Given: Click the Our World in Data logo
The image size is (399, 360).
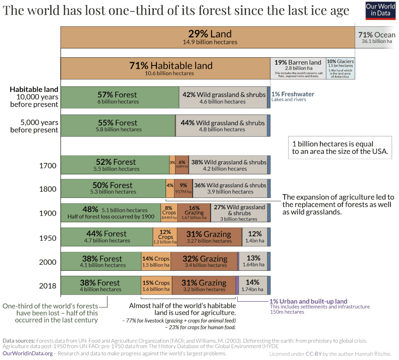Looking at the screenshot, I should click(380, 10).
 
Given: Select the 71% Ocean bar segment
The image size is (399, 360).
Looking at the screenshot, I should click(376, 37).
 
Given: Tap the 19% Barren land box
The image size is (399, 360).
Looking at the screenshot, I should click(298, 68).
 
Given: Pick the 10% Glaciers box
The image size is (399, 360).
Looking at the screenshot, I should click(340, 68).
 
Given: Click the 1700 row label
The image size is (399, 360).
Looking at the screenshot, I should click(48, 166).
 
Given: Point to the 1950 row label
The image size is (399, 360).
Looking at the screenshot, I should click(48, 238).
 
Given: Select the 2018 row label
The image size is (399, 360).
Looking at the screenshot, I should click(48, 286).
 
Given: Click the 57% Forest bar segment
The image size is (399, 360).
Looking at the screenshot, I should click(119, 97).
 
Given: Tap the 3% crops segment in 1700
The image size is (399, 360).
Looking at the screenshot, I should click(172, 165).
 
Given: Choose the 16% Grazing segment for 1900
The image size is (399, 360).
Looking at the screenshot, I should click(194, 213).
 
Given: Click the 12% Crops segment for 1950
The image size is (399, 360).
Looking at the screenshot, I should click(165, 237).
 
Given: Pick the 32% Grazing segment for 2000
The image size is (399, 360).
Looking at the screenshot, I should click(205, 261).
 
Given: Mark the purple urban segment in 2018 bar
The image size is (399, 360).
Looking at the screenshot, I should click(237, 285).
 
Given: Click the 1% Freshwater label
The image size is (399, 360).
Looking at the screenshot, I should click(293, 94).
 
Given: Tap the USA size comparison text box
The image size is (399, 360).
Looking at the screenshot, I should click(340, 148).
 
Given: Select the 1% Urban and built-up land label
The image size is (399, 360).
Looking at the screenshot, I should click(308, 301).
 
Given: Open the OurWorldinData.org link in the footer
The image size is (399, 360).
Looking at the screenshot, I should click(28, 353).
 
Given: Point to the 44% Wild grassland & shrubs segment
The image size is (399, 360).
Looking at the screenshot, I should click(222, 125).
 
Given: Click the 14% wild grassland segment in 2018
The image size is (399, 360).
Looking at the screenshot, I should click(252, 285).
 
